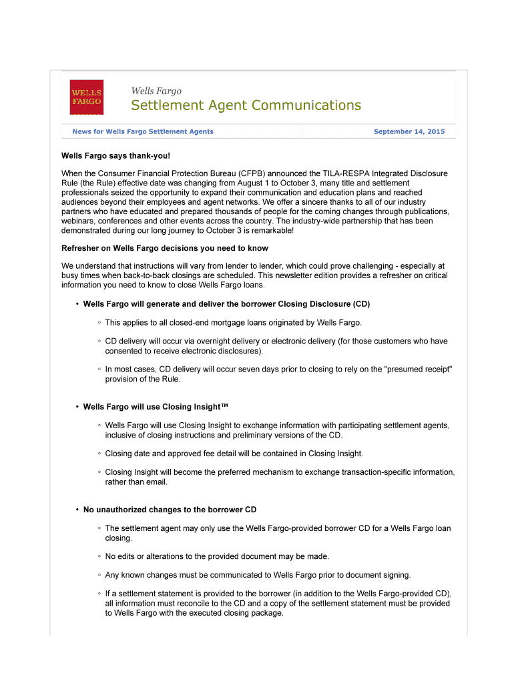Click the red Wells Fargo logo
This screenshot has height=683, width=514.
tap(87, 97)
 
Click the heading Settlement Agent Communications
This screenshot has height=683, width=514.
tap(246, 105)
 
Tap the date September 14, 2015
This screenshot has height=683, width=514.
tap(409, 131)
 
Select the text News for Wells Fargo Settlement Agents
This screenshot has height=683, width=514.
tap(143, 131)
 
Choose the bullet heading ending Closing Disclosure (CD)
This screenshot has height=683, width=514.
tap(226, 304)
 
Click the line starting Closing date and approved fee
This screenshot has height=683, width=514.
tap(234, 454)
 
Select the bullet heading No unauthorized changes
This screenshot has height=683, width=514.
tap(170, 510)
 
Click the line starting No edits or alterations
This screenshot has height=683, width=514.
tap(217, 556)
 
